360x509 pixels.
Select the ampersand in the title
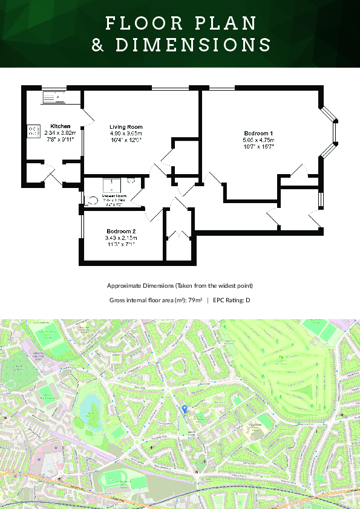pyautogui.click(x=97, y=45)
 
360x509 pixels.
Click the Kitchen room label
pyautogui.click(x=60, y=126)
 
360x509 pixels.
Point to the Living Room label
pyautogui.click(x=126, y=126)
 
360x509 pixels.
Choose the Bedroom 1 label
pyautogui.click(x=259, y=133)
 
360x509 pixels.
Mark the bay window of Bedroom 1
pyautogui.click(x=329, y=132)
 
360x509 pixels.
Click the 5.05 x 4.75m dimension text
pyautogui.click(x=259, y=140)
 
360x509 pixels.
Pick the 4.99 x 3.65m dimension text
pyautogui.click(x=126, y=133)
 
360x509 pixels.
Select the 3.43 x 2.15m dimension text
pyautogui.click(x=121, y=238)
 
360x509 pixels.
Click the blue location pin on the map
pyautogui.click(x=185, y=409)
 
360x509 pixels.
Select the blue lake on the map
pyautogui.click(x=90, y=405)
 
